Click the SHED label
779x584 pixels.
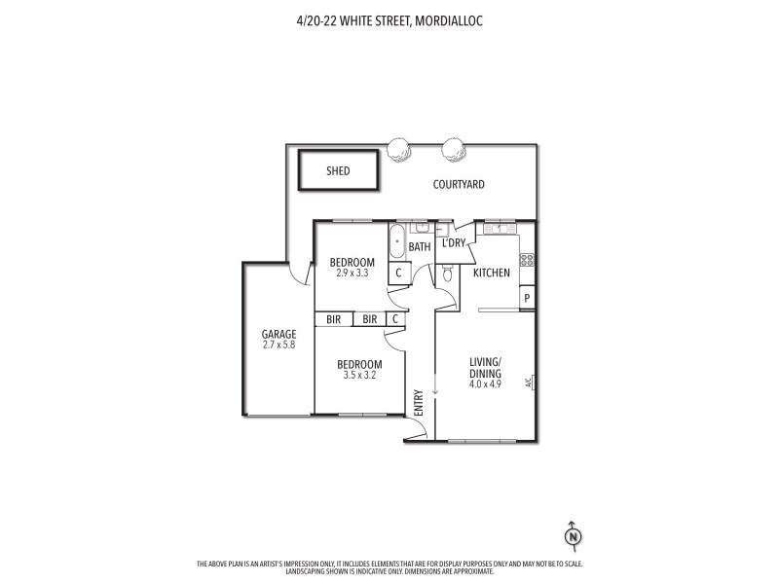pyautogui.click(x=338, y=171)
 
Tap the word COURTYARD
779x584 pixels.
pyautogui.click(x=459, y=184)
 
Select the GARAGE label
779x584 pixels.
pyautogui.click(x=278, y=334)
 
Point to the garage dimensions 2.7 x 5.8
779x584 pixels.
pyautogui.click(x=278, y=345)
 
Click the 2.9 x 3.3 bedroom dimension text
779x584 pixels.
pyautogui.click(x=352, y=274)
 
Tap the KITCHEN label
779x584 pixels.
pyautogui.click(x=492, y=273)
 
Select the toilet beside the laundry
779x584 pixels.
pyautogui.click(x=446, y=275)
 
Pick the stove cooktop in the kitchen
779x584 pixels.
pyautogui.click(x=527, y=259)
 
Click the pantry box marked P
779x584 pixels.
pyautogui.click(x=527, y=299)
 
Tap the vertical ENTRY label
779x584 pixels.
pyautogui.click(x=419, y=403)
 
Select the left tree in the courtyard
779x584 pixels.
pyautogui.click(x=396, y=149)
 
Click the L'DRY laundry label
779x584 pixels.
pyautogui.click(x=454, y=242)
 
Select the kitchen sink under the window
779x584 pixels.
pyautogui.click(x=499, y=229)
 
